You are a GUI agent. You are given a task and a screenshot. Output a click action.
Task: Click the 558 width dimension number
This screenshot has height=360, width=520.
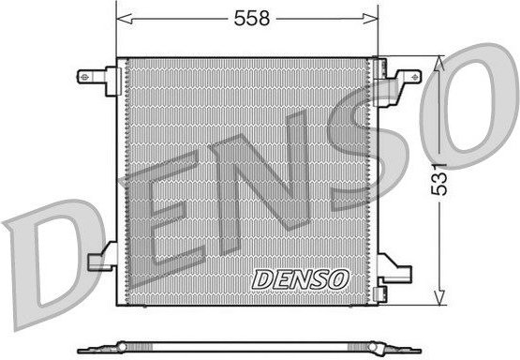[252, 18]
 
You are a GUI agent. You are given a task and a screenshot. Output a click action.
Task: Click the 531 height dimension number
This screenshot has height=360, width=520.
[439, 179]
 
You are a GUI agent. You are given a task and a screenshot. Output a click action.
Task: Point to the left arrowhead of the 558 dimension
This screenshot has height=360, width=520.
[125, 19]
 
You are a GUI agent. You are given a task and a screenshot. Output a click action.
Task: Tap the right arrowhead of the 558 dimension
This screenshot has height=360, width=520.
[370, 19]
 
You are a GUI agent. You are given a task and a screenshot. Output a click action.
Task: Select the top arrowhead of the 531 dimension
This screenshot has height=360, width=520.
[439, 64]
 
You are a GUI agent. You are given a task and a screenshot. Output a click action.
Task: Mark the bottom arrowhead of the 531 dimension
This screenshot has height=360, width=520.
[439, 297]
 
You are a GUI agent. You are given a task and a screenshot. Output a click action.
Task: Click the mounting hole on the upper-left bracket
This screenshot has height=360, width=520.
[84, 77]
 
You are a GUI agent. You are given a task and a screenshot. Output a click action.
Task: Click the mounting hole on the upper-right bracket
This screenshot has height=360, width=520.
[414, 77]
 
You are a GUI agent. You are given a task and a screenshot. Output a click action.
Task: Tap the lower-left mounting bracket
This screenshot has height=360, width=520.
[102, 256]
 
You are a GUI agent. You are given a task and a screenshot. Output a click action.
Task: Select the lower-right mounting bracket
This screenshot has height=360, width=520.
[394, 268]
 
